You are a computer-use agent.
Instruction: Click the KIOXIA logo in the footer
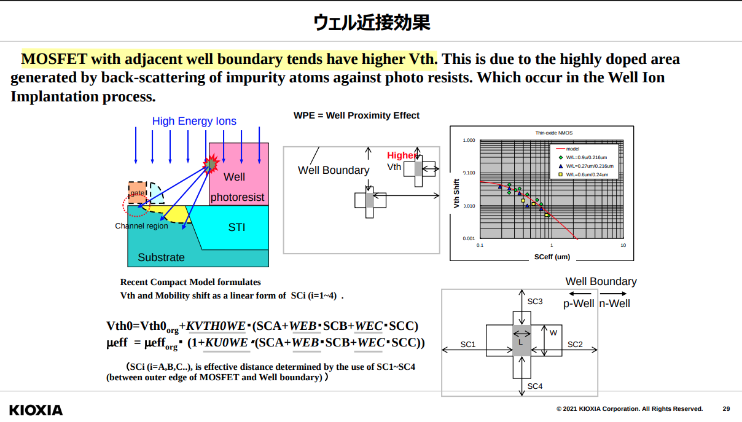pyautogui.click(x=36, y=410)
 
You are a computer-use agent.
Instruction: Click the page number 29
pyautogui.click(x=726, y=409)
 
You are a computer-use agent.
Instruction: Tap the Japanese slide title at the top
pyautogui.click(x=371, y=23)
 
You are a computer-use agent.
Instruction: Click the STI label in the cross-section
pyautogui.click(x=236, y=227)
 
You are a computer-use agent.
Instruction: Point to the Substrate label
pyautogui.click(x=161, y=257)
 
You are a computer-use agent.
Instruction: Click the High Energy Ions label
pyautogui.click(x=194, y=121)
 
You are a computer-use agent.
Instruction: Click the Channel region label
pyautogui.click(x=141, y=226)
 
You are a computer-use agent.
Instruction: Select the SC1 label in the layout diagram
pyautogui.click(x=468, y=345)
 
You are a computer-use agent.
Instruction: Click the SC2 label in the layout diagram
pyautogui.click(x=575, y=345)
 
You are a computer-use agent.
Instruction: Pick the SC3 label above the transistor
pyautogui.click(x=535, y=302)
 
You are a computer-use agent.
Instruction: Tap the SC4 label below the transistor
pyautogui.click(x=535, y=386)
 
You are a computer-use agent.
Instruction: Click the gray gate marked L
pyautogui.click(x=521, y=341)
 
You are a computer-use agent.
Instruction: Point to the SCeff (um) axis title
pyautogui.click(x=552, y=257)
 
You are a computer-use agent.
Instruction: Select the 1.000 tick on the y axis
pyautogui.click(x=469, y=141)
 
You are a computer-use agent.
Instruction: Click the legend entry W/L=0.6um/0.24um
pyautogui.click(x=587, y=174)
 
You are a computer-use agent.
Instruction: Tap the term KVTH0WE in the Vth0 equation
pyautogui.click(x=216, y=326)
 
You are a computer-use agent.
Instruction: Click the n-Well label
pyautogui.click(x=614, y=303)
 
